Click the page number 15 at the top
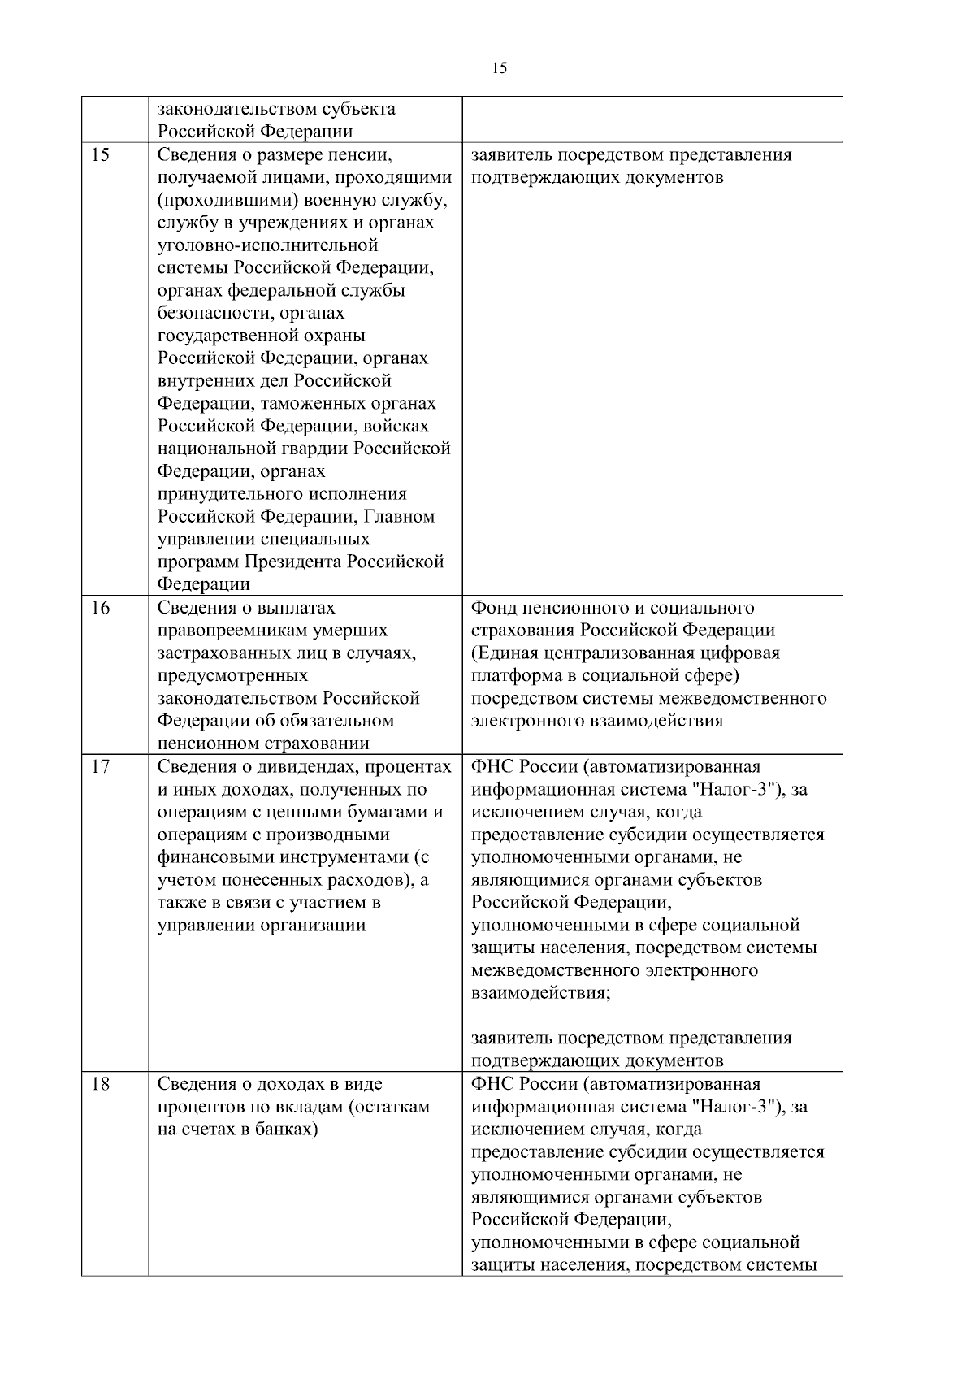[x=500, y=69]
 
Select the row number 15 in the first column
[x=100, y=155]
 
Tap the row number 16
[x=100, y=608]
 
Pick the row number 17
[x=100, y=766]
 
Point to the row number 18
[x=100, y=1084]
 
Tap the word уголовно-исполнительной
[x=268, y=245]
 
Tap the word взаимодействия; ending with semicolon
[x=541, y=993]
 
